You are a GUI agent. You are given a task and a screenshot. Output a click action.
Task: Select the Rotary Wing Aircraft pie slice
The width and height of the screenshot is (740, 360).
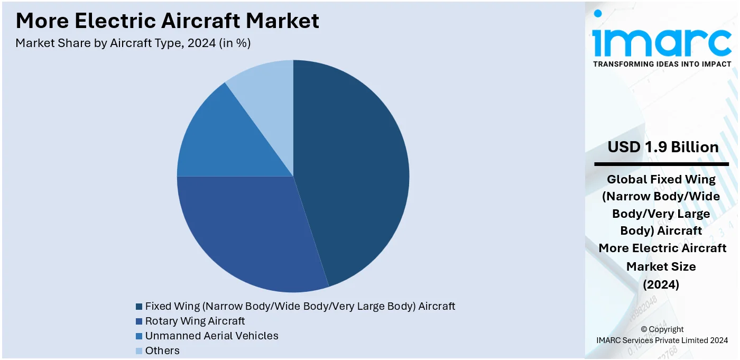[248, 233]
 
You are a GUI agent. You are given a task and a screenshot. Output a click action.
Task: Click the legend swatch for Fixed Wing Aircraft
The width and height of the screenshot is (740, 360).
[139, 307]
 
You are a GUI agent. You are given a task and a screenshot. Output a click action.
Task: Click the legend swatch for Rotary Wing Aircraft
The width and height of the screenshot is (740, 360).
[139, 321]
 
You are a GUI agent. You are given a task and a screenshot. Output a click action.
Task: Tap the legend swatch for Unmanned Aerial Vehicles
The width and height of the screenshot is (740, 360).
[139, 336]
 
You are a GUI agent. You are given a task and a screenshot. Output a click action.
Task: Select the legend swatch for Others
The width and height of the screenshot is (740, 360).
[139, 351]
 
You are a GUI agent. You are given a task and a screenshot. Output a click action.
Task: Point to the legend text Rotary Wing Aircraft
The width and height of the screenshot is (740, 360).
[195, 321]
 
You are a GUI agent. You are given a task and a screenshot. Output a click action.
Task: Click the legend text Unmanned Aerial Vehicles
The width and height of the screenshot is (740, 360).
[211, 336]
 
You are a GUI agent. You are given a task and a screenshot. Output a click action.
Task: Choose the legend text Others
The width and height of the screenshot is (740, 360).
[162, 350]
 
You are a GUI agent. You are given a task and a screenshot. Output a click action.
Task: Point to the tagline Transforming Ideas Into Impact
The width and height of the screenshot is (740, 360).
[662, 64]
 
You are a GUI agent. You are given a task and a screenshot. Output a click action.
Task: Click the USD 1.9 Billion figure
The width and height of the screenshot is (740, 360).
[663, 147]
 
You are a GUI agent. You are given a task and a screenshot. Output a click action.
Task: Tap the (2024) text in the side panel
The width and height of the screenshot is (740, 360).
[661, 284]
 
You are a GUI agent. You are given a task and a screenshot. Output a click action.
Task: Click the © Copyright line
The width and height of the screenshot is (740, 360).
[662, 329]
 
